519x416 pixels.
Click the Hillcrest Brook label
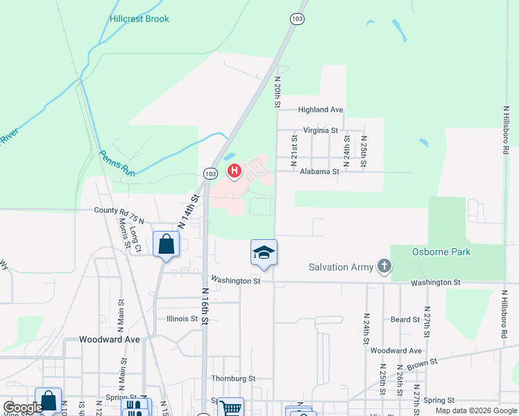coord(139,19)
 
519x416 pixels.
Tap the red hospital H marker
coord(235,171)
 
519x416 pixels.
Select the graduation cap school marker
coord(264,252)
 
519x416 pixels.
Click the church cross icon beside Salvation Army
coord(384,266)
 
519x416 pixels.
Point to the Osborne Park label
coord(441,252)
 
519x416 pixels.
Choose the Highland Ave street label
coord(321,110)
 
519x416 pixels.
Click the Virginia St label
coord(320,130)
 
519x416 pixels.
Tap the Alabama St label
coord(319,171)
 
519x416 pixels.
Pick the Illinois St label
coord(182,319)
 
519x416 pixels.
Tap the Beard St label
coord(405,320)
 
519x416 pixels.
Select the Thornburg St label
coord(233,379)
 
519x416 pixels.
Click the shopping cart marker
coord(230,408)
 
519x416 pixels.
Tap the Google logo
coord(23,408)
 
